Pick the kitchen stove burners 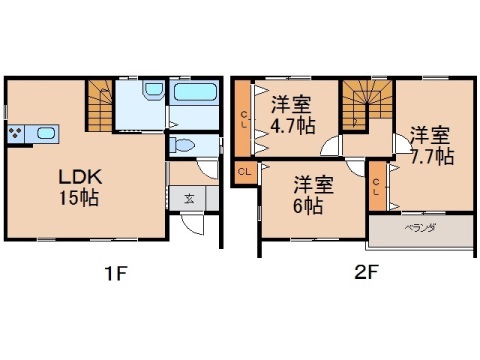[17, 134]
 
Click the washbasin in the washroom [151, 93]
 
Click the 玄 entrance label [189, 197]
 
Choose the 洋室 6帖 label [308, 194]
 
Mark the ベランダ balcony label [418, 228]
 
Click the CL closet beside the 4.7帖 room [243, 119]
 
